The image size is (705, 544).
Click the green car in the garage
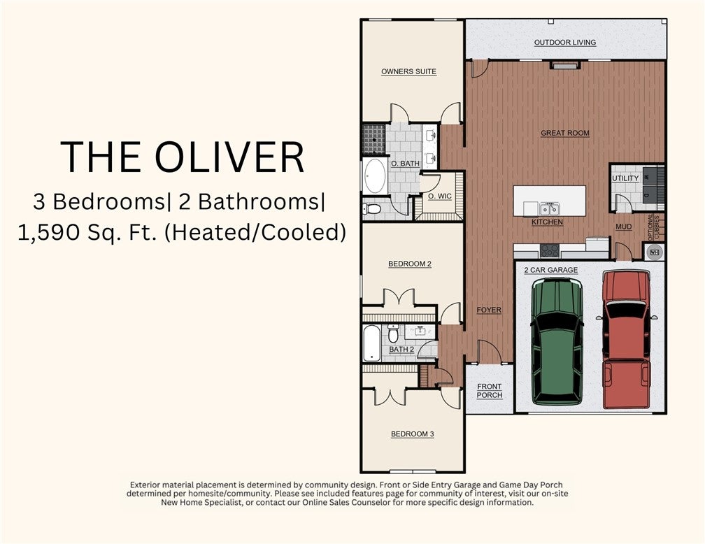(557, 342)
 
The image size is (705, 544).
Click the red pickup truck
(626, 338)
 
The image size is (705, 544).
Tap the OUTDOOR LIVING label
(565, 43)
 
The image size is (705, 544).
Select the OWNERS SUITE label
(408, 71)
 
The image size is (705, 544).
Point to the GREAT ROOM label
(564, 133)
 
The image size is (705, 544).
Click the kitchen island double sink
(550, 209)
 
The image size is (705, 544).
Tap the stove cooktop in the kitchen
(550, 250)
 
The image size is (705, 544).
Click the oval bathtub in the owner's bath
(375, 176)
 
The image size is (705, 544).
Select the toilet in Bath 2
(393, 333)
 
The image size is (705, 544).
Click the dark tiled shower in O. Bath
(374, 139)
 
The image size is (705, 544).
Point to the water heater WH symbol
(654, 252)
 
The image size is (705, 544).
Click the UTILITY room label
(625, 178)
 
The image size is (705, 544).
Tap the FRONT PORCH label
(489, 391)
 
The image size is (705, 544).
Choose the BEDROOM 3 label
(413, 434)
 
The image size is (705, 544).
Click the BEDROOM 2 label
(410, 264)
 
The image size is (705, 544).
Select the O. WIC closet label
(440, 196)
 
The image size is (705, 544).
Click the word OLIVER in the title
(229, 157)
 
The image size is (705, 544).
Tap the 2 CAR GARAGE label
(551, 270)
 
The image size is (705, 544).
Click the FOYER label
(489, 310)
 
